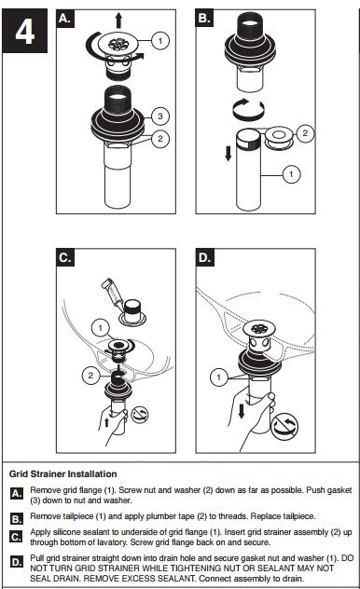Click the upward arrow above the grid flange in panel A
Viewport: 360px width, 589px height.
(x=118, y=21)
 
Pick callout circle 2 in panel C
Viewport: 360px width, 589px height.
(x=90, y=375)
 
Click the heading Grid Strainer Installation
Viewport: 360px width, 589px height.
(x=63, y=474)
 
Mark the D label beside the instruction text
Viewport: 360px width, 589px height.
(x=17, y=563)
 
